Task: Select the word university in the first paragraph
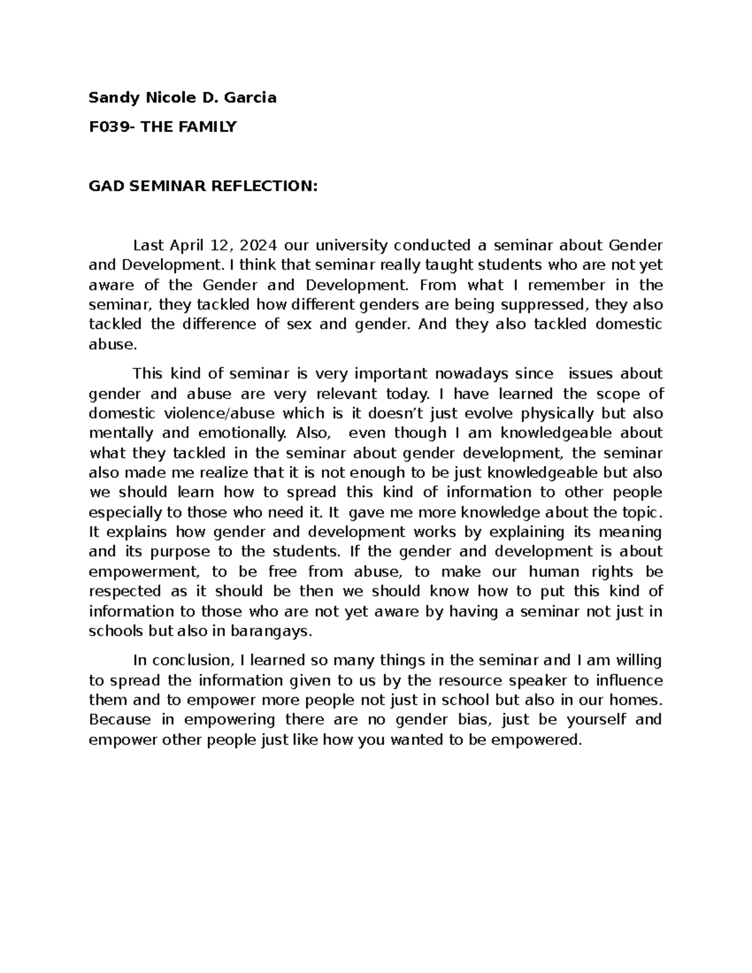(352, 245)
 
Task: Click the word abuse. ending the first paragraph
(112, 344)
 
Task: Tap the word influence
(629, 680)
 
